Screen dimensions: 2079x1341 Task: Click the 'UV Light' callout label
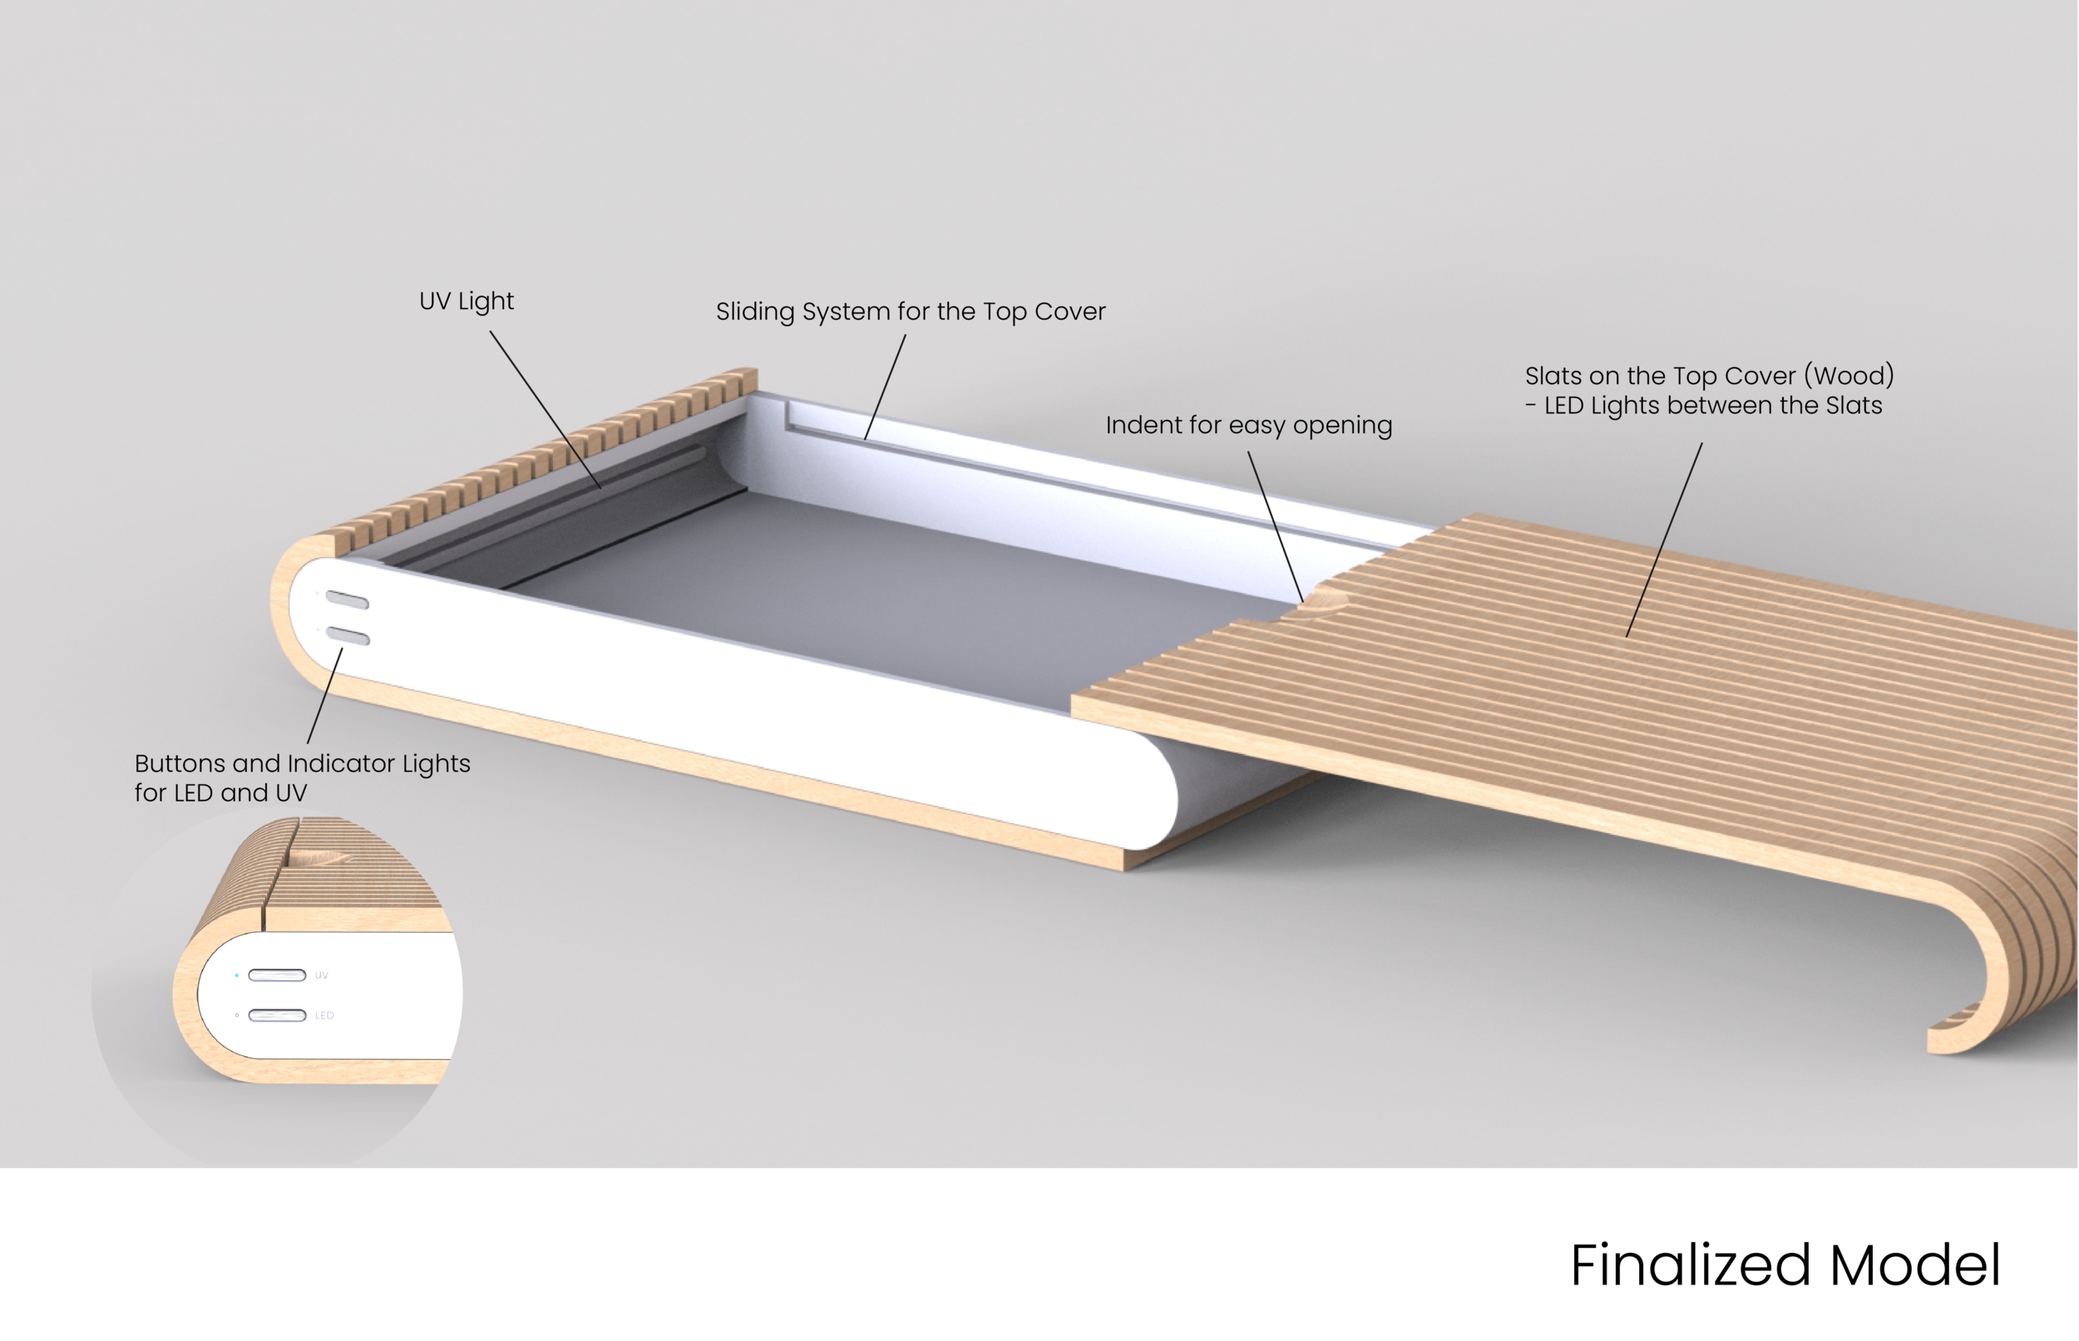click(466, 301)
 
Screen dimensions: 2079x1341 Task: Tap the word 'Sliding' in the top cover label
click(755, 312)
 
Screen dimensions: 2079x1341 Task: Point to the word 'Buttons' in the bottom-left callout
click(180, 764)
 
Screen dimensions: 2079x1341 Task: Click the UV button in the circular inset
click(277, 975)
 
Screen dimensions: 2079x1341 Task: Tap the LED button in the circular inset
click(277, 1015)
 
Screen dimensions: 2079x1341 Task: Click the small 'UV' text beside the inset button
click(321, 975)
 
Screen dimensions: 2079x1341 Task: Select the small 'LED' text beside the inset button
click(324, 1015)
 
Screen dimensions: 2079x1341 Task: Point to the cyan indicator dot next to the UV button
click(237, 975)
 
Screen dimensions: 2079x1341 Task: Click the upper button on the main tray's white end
click(347, 599)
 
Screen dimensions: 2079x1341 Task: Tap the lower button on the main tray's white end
click(348, 637)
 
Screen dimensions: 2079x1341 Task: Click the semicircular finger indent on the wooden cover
click(1323, 600)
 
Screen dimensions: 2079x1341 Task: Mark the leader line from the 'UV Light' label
click(545, 408)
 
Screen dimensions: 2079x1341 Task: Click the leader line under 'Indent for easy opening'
click(1276, 526)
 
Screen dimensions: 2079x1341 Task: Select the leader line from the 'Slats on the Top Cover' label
click(1663, 540)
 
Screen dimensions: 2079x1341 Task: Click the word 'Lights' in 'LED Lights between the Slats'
click(1652, 406)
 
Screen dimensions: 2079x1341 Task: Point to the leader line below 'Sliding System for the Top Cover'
click(885, 387)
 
